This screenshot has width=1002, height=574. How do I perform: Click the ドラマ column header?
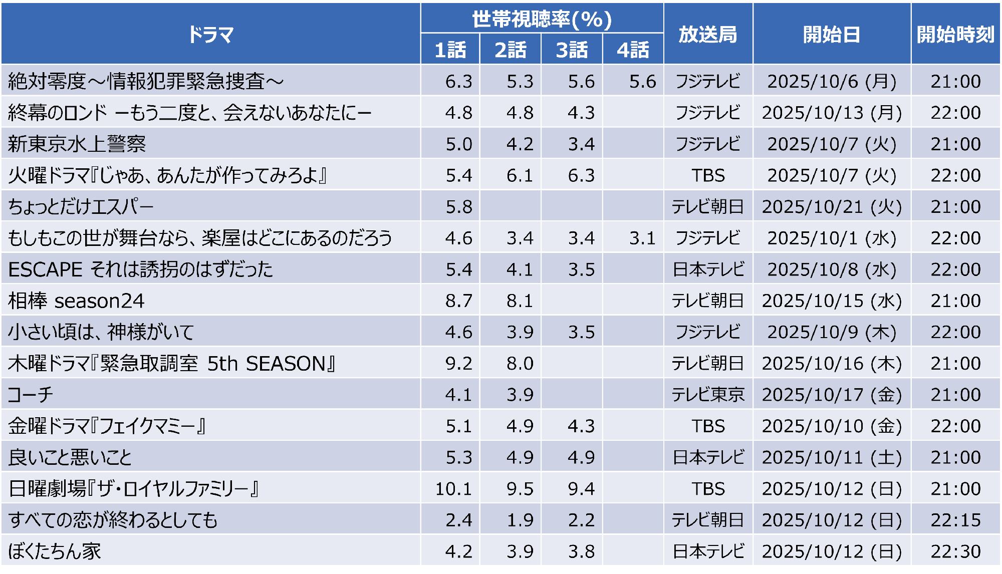210,34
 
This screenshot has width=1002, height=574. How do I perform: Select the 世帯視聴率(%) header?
542,19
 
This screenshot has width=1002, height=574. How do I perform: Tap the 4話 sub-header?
633,50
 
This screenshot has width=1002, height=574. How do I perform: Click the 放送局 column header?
707,34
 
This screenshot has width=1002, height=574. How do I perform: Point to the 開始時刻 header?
955,34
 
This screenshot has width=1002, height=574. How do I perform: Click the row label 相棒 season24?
76,301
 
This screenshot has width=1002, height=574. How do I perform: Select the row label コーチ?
31,395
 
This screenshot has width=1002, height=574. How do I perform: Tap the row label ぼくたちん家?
55,551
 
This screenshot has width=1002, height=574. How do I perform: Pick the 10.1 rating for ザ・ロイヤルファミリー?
453,488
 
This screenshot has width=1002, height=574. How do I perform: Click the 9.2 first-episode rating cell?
458,363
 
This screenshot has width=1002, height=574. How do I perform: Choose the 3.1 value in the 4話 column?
642,238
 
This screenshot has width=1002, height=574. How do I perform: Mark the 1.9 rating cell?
520,520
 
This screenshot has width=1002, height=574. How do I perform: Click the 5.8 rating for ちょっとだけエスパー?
458,206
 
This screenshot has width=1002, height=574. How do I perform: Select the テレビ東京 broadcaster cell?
707,395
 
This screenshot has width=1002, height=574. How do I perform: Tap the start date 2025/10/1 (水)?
831,238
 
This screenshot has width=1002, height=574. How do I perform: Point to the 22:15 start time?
955,520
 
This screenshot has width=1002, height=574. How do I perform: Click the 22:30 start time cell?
955,551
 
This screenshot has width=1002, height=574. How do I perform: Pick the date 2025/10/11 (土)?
831,457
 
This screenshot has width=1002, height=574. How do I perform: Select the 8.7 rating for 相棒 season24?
458,301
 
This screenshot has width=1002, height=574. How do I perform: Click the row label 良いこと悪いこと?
70,457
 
